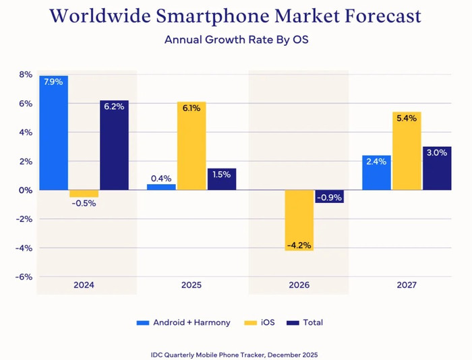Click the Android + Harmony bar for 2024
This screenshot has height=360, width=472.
54,135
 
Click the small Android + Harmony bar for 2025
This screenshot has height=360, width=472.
161,187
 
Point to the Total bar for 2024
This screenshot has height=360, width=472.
114,148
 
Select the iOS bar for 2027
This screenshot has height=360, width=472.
406,155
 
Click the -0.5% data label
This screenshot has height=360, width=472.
84,204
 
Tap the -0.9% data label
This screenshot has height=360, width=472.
330,198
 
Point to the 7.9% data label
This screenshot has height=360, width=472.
53,82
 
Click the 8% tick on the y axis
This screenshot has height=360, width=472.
25,75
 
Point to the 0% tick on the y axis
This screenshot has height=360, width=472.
25,190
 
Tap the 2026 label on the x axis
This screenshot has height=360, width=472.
299,285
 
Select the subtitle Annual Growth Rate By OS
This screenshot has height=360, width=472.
235,39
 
